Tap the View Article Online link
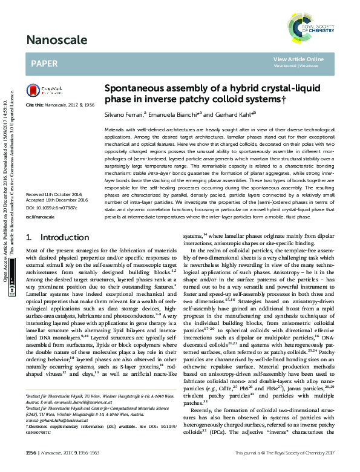click(298, 59)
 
